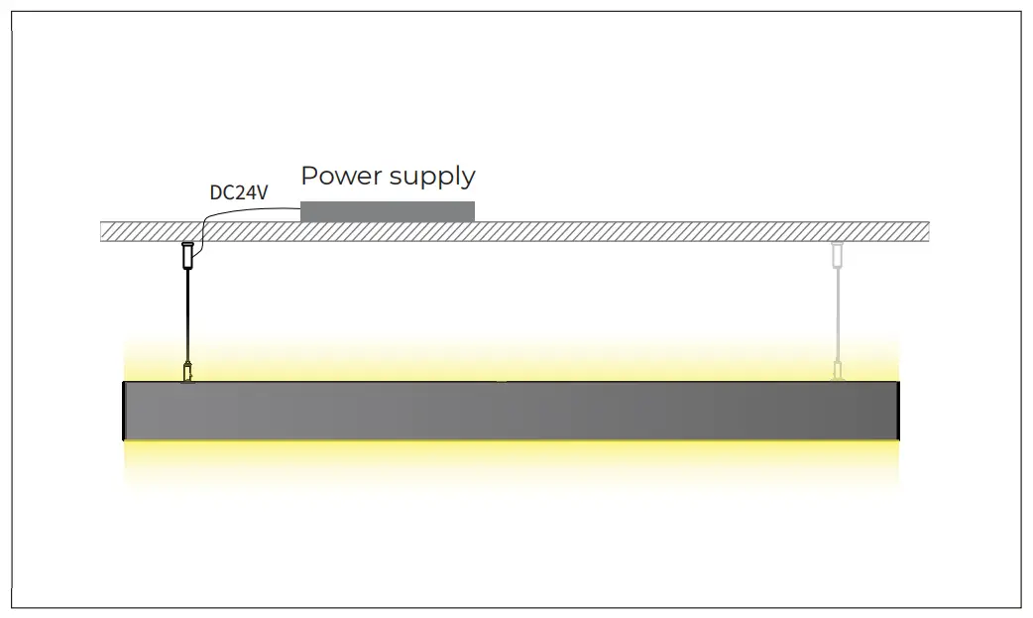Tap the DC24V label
[238, 192]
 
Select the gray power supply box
[387, 211]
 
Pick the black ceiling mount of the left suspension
[186, 256]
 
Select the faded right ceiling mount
[837, 256]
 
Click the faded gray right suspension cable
[837, 317]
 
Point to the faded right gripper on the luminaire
[837, 373]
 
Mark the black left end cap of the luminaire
[124, 411]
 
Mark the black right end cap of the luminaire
[898, 411]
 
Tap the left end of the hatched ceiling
[105, 231]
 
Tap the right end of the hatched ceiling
[924, 231]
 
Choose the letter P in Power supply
[308, 176]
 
